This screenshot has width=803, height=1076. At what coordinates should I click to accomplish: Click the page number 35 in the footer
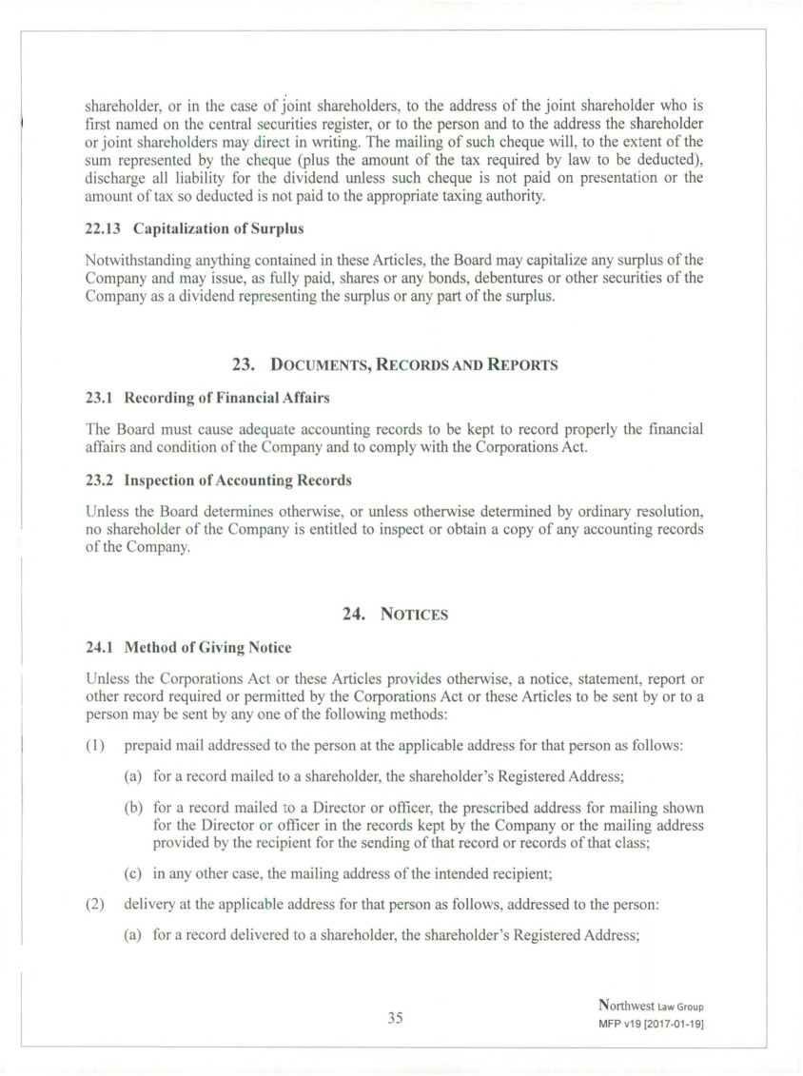tap(395, 1017)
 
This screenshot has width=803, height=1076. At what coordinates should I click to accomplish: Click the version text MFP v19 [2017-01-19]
tap(652, 1023)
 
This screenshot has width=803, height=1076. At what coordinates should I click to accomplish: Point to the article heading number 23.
tap(245, 364)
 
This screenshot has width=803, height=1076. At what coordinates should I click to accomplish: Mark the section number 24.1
tap(98, 647)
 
